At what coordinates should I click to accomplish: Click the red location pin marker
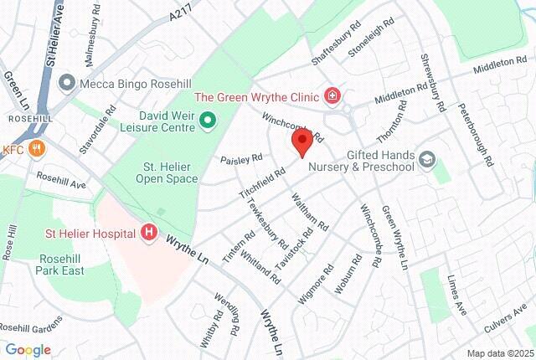click(301, 141)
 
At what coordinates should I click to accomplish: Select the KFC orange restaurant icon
click(36, 149)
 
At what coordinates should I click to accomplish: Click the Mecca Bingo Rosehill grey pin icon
click(66, 84)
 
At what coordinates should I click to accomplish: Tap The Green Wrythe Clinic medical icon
click(334, 95)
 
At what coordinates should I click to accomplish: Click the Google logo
click(28, 349)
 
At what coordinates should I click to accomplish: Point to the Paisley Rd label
click(241, 157)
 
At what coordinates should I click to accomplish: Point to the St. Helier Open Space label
click(170, 172)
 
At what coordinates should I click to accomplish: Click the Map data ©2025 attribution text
click(498, 352)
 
